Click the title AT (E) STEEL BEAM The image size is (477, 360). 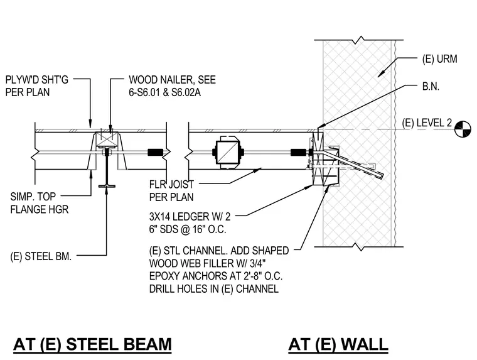pos(92,344)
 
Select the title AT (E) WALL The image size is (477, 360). pos(338,344)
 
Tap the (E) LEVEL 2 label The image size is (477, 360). pos(427,123)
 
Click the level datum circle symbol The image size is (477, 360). pos(463,129)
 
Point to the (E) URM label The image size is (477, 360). pos(439,59)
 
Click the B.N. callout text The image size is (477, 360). pos(431,87)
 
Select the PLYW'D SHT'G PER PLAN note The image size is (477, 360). pos(37,86)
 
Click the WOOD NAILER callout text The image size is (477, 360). pos(172,86)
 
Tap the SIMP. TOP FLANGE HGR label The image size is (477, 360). pos(40,203)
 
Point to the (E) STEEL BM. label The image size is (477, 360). pos(41,256)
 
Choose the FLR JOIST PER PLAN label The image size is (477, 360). pos(171,190)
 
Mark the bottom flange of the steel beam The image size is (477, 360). pos(107,186)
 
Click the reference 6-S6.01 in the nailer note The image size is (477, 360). pos(145,92)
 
